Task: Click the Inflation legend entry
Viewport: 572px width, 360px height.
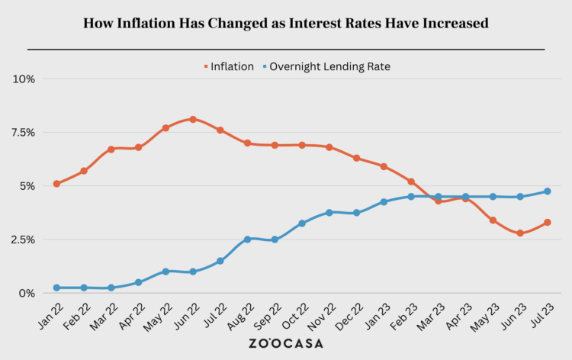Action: (229, 66)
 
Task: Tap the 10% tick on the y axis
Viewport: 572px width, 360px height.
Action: (24, 79)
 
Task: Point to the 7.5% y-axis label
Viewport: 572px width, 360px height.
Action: (22, 132)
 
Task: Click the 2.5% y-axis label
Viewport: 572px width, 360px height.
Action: (22, 239)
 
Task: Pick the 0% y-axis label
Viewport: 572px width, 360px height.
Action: (27, 293)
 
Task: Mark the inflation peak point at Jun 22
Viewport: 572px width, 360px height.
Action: (193, 119)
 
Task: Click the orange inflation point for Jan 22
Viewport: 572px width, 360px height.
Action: (56, 184)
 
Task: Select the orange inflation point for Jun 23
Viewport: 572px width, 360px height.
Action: (520, 233)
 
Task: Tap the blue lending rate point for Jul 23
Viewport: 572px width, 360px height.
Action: (548, 191)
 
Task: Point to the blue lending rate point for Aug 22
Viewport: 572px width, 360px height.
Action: (248, 239)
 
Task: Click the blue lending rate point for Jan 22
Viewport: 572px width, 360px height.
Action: (56, 288)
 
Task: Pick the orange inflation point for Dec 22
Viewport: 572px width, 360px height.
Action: (356, 158)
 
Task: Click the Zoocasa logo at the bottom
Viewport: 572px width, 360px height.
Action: (286, 343)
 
